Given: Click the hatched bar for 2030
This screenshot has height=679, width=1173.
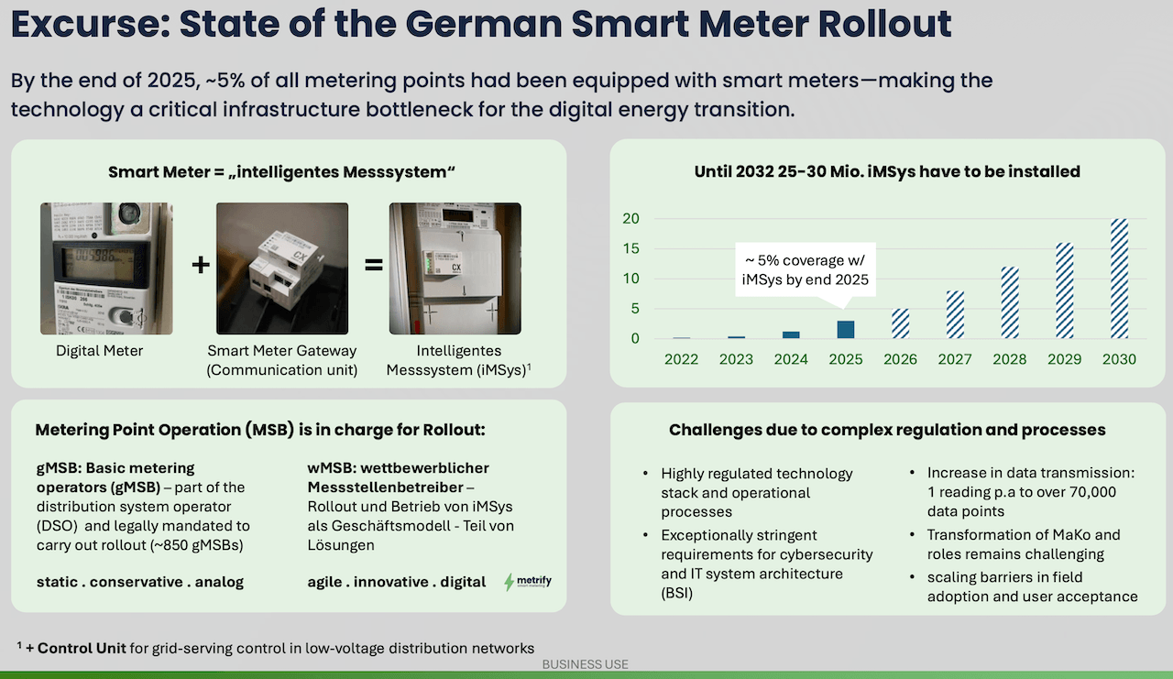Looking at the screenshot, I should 1119,279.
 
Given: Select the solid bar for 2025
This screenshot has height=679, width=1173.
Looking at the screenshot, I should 846,330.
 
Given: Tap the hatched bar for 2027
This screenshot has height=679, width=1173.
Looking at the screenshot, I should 955,315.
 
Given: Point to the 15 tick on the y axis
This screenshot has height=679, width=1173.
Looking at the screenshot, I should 630,248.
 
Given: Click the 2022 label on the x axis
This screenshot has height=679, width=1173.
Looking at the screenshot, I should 682,359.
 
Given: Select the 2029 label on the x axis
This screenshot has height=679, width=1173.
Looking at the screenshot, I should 1064,359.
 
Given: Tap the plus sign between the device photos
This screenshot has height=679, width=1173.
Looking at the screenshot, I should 201,265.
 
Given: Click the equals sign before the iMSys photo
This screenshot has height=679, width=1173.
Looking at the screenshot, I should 373,265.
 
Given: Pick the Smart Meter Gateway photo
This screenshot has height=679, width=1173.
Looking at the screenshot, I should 282,268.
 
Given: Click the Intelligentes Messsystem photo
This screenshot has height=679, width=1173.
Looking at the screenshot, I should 455,268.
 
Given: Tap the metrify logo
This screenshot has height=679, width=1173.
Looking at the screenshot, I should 529,582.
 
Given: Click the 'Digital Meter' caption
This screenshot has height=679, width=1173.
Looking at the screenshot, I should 99,350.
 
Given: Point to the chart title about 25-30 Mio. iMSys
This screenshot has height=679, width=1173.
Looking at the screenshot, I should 887,171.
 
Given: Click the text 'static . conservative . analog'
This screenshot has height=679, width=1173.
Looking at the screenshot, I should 140,582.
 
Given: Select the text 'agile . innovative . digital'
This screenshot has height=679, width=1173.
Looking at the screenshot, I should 397,582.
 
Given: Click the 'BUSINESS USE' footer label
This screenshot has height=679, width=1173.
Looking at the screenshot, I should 586,664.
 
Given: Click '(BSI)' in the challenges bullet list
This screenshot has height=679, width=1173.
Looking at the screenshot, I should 679,593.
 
